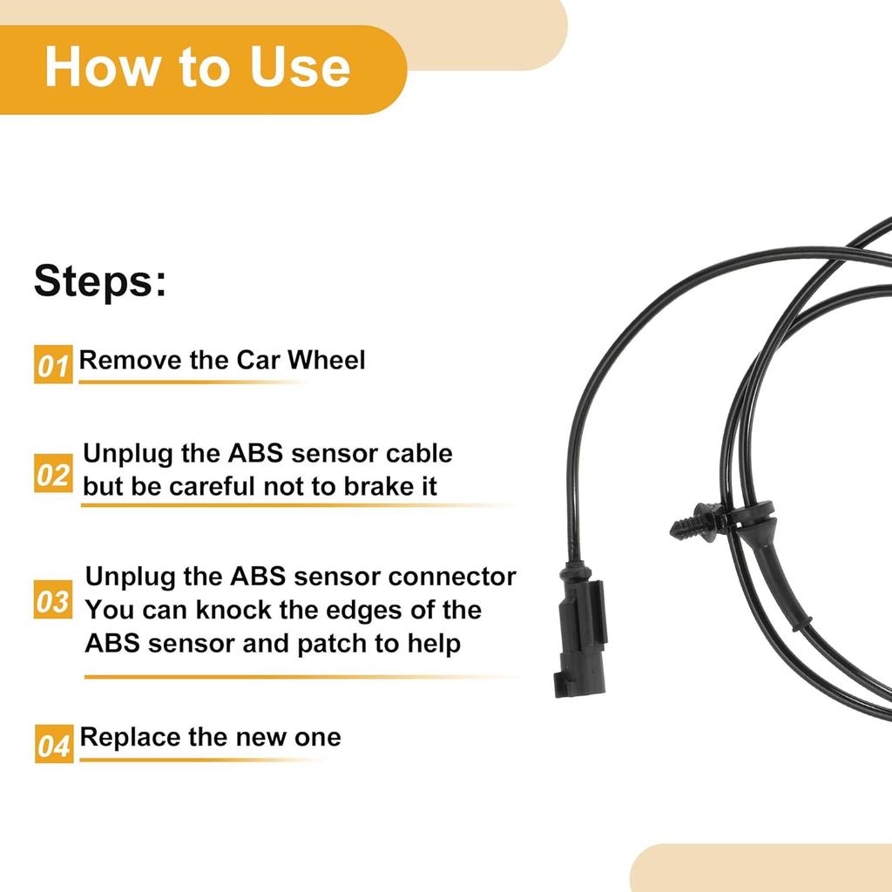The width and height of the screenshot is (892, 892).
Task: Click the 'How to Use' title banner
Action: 199,68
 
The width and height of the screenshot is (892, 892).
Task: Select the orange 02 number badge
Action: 53,475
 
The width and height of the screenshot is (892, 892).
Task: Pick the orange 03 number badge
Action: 53,601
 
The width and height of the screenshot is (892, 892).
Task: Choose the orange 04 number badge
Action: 53,746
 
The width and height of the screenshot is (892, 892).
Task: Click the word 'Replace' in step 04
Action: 127,737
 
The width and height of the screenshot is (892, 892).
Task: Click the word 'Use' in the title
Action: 300,68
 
